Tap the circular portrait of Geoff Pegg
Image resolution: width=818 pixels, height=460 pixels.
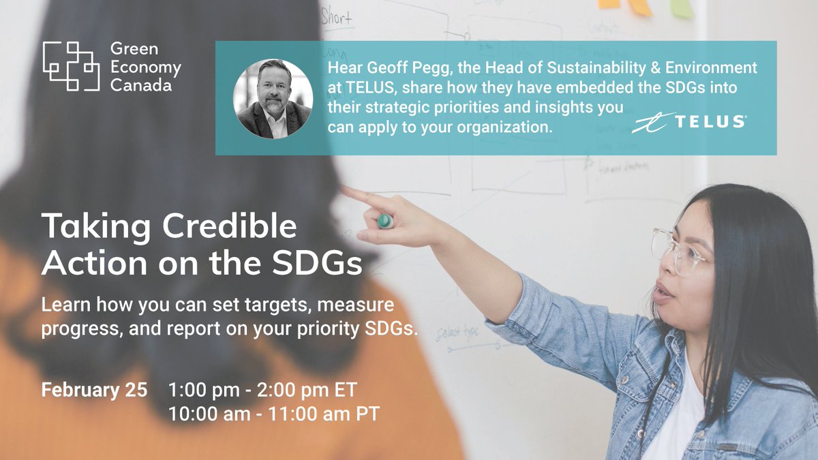(x=273, y=98)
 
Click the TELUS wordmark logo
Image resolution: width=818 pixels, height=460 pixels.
(x=688, y=123)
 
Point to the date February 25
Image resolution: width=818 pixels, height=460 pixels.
(x=94, y=390)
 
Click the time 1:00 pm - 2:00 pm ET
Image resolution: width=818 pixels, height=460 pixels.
(x=262, y=390)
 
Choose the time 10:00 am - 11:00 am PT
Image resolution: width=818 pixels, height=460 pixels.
(x=273, y=413)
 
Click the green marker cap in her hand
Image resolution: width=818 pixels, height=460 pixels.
(x=386, y=220)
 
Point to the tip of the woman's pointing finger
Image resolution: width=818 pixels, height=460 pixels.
(x=345, y=191)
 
